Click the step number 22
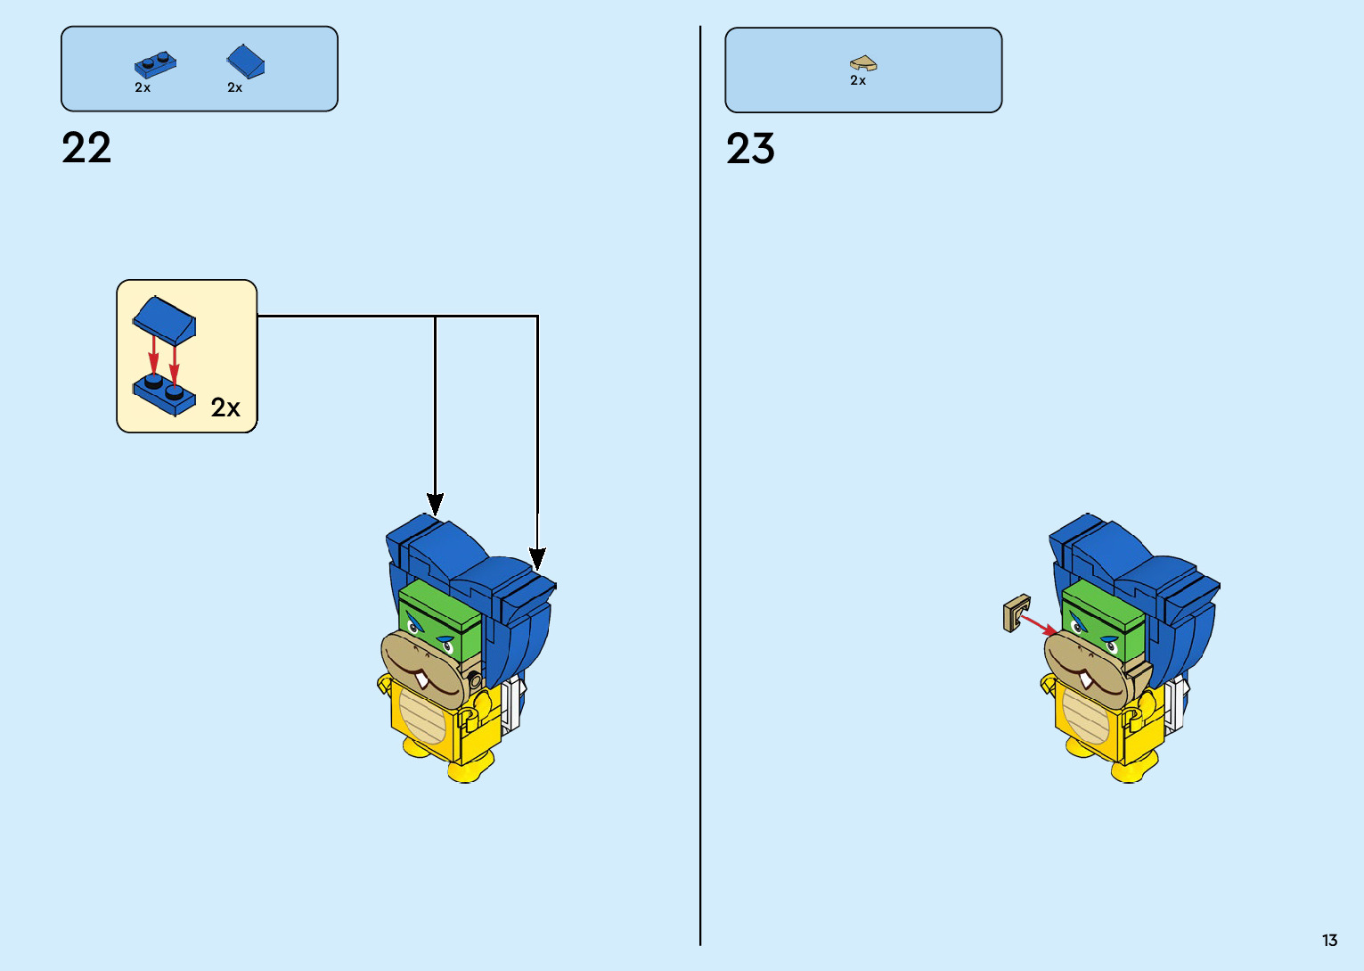coord(86,148)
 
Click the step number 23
coord(750,149)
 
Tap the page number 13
coord(1329,941)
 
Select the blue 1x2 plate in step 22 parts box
coord(154,65)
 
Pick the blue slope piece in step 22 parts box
coord(246,62)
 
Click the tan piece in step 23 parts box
coord(862,63)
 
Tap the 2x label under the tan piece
coord(858,81)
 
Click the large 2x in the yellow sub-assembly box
coord(225,408)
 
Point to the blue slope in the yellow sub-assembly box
coord(165,318)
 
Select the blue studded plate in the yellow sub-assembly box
coord(164,394)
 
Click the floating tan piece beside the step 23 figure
coord(1017,613)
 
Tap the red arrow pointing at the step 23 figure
coord(1039,624)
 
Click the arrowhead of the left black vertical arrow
coord(435,504)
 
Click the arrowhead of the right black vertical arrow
coord(537,559)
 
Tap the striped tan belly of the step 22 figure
coord(422,714)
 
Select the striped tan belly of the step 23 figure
coord(1086,714)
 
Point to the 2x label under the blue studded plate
coord(143,88)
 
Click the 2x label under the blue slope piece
coord(234,88)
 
